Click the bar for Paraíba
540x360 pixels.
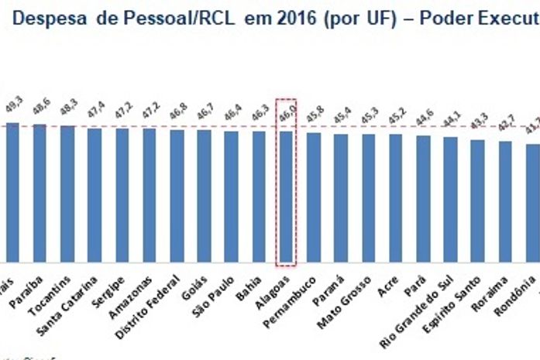tap(40, 194)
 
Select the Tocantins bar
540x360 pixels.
tap(67, 194)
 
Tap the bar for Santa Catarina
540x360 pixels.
tap(95, 195)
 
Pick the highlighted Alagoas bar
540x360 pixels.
tap(286, 197)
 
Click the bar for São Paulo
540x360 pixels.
tap(232, 197)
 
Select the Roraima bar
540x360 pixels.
tap(505, 202)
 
